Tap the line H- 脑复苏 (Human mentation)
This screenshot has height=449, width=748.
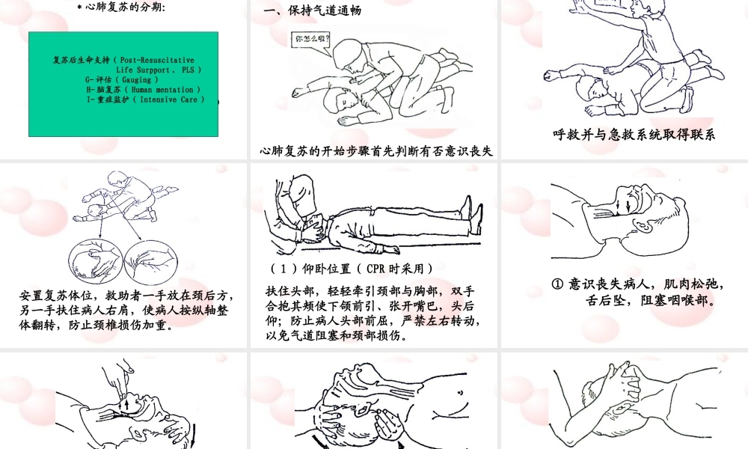tap(139, 89)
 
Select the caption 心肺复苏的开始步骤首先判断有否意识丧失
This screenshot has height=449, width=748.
tap(376, 151)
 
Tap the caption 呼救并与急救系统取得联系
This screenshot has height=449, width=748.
tap(634, 135)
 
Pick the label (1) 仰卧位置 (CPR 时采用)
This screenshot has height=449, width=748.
tap(351, 269)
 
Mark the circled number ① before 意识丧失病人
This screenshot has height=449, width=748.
tap(557, 284)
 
